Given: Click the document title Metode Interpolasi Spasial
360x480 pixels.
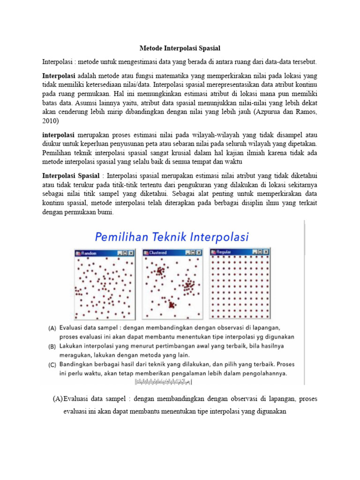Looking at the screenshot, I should point(180,48).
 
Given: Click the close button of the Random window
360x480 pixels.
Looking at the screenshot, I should point(132,253).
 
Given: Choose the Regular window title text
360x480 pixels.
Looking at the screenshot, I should point(225,253).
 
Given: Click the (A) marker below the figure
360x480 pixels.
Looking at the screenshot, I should point(57,398).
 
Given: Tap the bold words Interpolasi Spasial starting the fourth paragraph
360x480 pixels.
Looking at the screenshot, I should point(71,176).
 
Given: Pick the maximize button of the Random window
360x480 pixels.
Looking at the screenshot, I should point(126,253).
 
